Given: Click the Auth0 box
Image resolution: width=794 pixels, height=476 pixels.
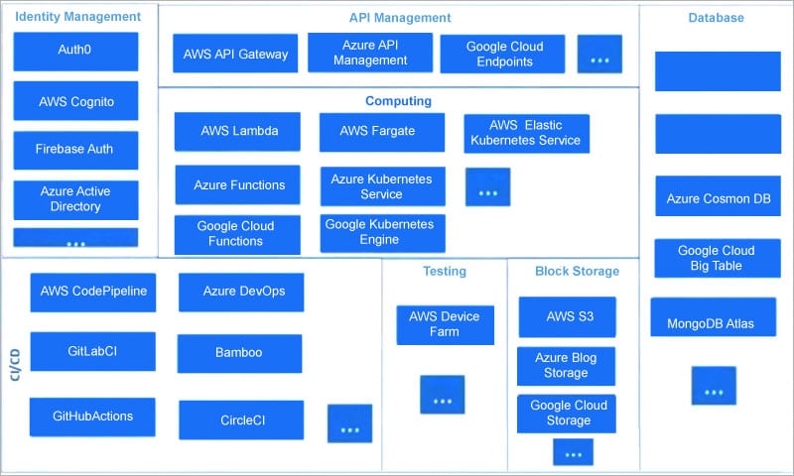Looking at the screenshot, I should tap(75, 51).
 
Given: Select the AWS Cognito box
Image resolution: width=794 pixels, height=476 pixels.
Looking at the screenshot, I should tap(75, 101).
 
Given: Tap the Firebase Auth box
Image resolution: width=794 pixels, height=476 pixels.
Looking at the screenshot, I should tap(75, 150).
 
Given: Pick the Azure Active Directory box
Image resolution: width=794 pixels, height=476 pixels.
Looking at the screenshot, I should tap(75, 199).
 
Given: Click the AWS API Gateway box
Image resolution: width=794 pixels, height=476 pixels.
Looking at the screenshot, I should tap(235, 55).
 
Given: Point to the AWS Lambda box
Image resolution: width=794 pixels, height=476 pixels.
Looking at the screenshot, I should tap(238, 131).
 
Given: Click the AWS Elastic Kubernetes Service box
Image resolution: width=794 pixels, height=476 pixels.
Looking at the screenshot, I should tap(526, 134).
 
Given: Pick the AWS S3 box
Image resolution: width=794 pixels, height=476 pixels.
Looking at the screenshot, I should tap(568, 317).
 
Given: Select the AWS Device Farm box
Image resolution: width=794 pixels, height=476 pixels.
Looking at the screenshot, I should tap(445, 324).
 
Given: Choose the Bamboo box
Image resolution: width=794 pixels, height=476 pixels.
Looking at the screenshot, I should tap(239, 353).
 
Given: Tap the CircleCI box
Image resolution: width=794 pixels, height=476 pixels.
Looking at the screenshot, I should tap(241, 419).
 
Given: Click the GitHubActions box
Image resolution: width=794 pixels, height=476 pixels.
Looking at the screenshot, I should tap(92, 416).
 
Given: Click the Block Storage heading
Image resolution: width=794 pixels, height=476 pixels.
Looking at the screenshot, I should tap(577, 271).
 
